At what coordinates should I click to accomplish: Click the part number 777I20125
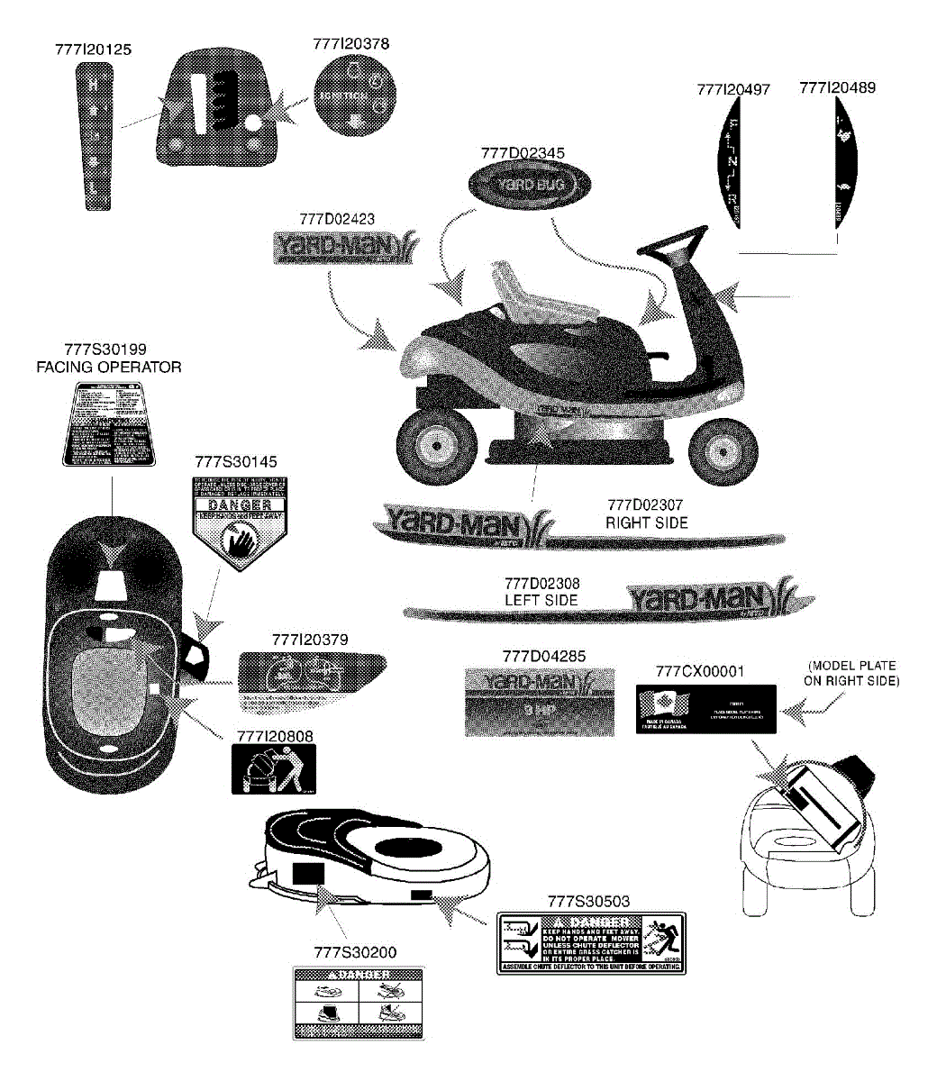[x=93, y=50]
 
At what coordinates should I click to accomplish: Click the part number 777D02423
[x=337, y=219]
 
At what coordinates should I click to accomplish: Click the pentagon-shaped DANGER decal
[x=232, y=521]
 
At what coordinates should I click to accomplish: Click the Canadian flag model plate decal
[x=705, y=709]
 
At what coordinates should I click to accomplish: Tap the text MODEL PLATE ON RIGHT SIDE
[x=851, y=673]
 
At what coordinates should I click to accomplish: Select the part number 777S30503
[x=588, y=900]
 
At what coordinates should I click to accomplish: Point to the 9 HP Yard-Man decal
[x=540, y=702]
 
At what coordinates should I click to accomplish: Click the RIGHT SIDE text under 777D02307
[x=646, y=522]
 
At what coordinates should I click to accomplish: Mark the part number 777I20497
[x=733, y=89]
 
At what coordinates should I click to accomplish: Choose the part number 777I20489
[x=837, y=87]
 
